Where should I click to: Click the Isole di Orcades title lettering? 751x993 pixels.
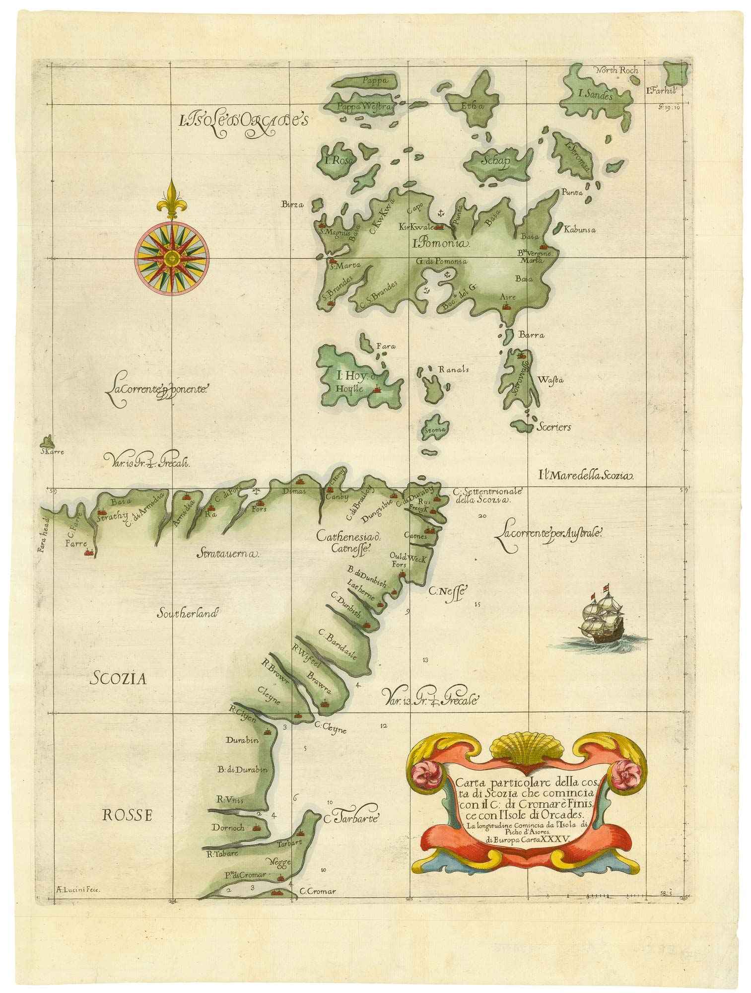[x=244, y=119]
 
